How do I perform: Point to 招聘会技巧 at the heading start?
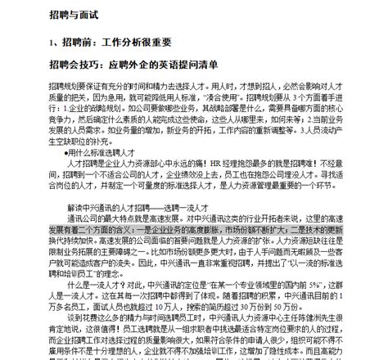tap(72, 64)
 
